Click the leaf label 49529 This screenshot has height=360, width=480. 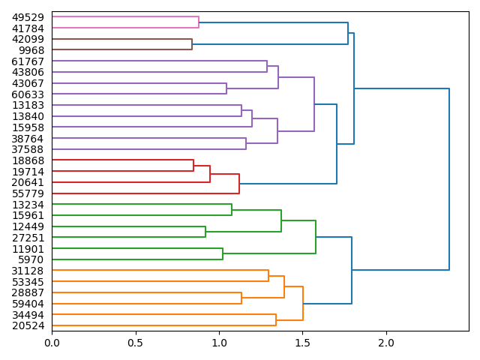[28, 17]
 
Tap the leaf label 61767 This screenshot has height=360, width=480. [28, 61]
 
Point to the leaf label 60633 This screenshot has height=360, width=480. [28, 94]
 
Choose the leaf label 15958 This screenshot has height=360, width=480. [28, 127]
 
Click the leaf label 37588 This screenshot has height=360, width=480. [28, 149]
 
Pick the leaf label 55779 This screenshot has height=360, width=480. [28, 193]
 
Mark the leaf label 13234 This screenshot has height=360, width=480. [28, 205]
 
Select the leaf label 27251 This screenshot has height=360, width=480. [28, 238]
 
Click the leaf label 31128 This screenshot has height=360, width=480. [28, 271]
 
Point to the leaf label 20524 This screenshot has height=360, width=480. [28, 325]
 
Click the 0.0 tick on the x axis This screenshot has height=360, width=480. [52, 343]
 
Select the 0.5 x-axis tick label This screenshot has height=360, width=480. [136, 343]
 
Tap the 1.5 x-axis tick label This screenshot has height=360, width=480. [303, 343]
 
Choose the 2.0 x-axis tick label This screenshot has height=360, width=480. [386, 343]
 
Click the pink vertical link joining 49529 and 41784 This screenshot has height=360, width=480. [199, 22]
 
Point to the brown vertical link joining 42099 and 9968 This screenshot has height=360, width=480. [192, 44]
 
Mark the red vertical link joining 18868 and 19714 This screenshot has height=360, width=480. [193, 166]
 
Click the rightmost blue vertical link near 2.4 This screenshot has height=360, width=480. [449, 179]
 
